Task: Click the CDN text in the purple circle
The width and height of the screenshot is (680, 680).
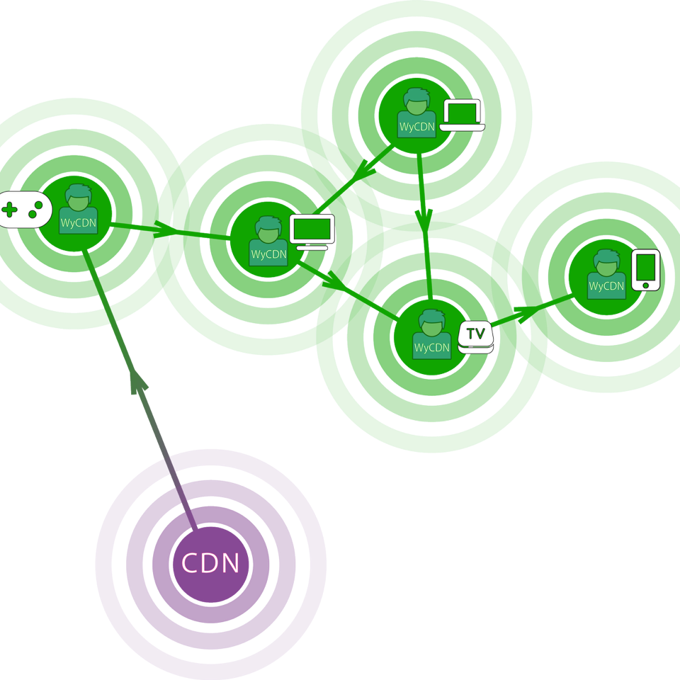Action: [x=210, y=564]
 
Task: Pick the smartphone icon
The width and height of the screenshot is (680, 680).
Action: [x=645, y=270]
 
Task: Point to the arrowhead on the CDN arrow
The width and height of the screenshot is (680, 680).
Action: [x=139, y=383]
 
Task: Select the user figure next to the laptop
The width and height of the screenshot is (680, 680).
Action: [x=416, y=110]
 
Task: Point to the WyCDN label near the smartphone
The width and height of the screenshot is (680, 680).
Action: [x=606, y=286]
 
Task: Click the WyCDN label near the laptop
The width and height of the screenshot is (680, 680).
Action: [x=416, y=127]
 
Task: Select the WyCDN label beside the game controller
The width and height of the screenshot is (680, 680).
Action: [x=78, y=223]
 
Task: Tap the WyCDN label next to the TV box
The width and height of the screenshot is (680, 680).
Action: [x=432, y=348]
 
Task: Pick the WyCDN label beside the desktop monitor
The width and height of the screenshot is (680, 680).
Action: [x=268, y=255]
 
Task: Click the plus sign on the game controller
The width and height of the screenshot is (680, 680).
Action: [x=10, y=210]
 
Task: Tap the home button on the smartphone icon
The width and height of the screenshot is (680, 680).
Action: [x=645, y=285]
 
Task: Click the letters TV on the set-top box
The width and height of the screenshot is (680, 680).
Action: [x=475, y=332]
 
